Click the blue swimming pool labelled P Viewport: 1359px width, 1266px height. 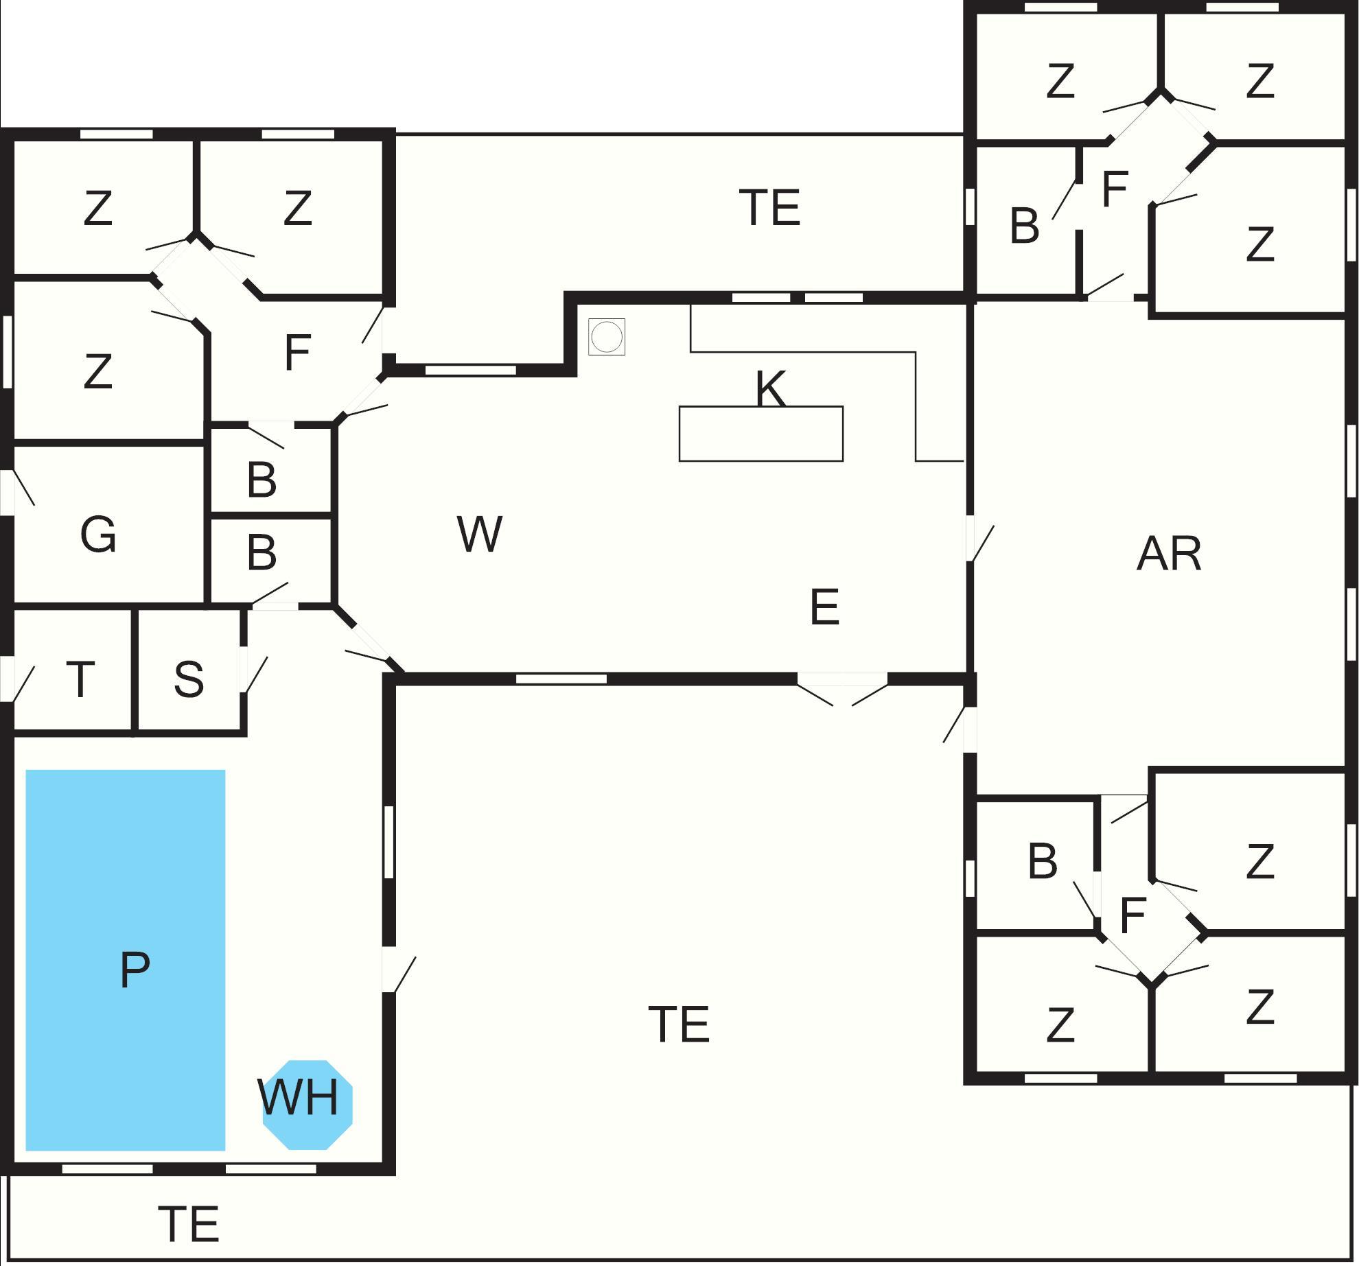126,961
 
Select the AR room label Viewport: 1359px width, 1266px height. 1169,554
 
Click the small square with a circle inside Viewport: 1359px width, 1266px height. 607,337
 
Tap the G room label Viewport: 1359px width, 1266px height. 98,535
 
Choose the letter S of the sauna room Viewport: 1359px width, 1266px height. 189,679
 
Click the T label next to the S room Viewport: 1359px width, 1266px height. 80,679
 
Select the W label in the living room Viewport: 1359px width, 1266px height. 480,534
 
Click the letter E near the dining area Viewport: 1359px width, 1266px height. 824,607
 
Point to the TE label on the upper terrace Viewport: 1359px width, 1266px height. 769,207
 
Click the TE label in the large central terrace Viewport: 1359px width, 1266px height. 679,1024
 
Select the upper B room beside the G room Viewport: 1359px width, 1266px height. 262,480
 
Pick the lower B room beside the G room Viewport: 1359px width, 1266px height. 262,552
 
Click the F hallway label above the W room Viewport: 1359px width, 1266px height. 297,353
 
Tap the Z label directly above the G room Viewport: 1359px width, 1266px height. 97,371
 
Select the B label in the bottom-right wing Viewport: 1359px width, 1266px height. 1042,861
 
